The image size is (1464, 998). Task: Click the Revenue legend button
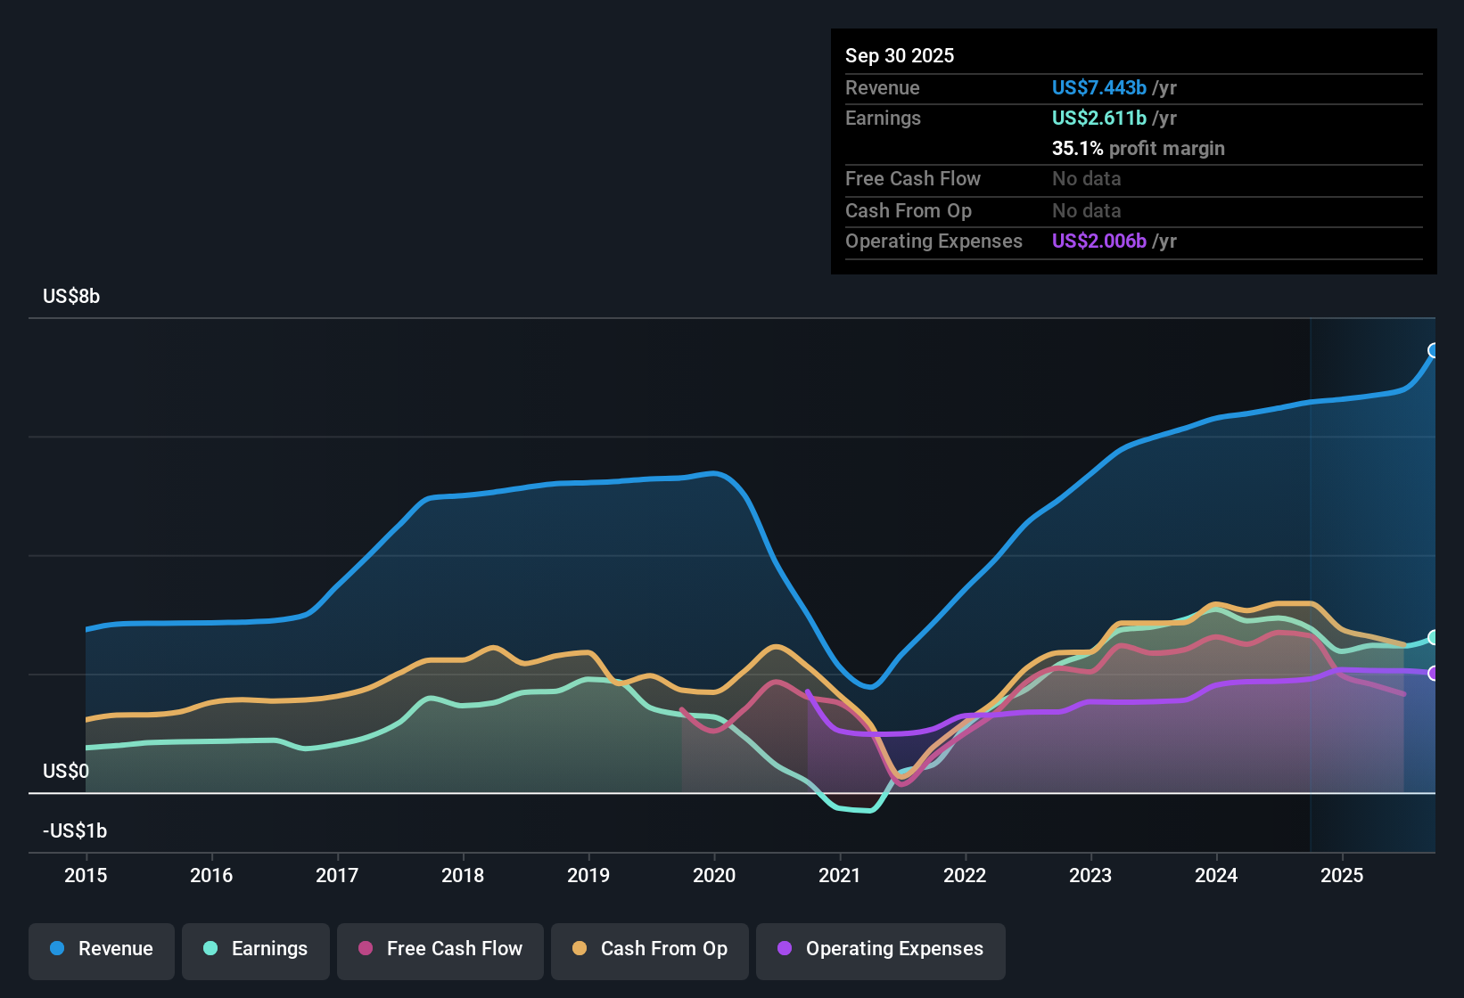pos(102,949)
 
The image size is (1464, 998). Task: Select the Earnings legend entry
pos(256,949)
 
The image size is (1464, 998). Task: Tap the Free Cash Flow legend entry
pos(440,949)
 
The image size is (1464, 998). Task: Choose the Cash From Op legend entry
pos(650,949)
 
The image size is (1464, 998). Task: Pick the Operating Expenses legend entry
pos(881,949)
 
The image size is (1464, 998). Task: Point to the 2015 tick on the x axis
pos(86,875)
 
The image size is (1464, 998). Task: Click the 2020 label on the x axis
pos(714,875)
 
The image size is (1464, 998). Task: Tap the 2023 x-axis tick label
pos(1090,875)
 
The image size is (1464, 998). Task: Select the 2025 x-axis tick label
pos(1342,875)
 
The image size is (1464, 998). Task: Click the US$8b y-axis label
pos(71,297)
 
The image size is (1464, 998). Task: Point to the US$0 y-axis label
pos(66,771)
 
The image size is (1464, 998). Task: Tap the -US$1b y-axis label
pos(75,830)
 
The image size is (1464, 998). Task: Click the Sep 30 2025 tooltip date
pos(900,55)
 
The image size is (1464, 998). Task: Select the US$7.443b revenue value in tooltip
pos(1098,87)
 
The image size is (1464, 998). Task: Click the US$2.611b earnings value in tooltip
pos(1098,118)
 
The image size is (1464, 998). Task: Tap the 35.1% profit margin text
pos(1138,148)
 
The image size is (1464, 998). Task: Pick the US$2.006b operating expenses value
pos(1098,241)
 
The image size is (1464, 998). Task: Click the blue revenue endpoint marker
pos(1434,350)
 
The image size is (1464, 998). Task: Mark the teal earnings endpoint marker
pos(1434,637)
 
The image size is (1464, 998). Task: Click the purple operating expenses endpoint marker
pos(1434,674)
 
